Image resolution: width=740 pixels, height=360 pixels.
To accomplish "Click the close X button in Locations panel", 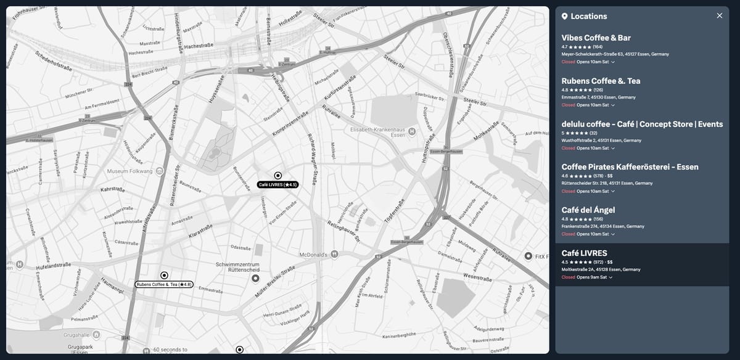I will pyautogui.click(x=719, y=16).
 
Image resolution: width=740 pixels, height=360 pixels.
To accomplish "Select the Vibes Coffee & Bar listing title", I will pyautogui.click(x=596, y=38).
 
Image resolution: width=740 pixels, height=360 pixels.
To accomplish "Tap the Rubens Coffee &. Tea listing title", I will pyautogui.click(x=601, y=81).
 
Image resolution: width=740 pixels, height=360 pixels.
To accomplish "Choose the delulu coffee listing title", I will pyautogui.click(x=642, y=124).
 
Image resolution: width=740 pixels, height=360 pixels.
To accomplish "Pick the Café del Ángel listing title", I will pyautogui.click(x=588, y=210).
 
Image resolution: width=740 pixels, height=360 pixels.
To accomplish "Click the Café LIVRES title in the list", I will pyautogui.click(x=584, y=253).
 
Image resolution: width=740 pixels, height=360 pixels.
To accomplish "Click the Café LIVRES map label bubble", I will pyautogui.click(x=277, y=184).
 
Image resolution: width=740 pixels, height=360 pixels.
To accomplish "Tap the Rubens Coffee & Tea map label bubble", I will pyautogui.click(x=164, y=285).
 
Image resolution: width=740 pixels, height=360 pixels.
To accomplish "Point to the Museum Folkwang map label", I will pyautogui.click(x=130, y=171).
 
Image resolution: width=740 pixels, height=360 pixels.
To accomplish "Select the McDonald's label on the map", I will pyautogui.click(x=314, y=254).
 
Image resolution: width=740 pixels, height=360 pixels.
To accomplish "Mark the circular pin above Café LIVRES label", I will pyautogui.click(x=277, y=176).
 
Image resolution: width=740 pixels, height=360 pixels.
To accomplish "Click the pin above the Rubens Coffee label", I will pyautogui.click(x=164, y=275).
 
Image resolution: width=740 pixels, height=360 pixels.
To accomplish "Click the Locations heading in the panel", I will pyautogui.click(x=588, y=16).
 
